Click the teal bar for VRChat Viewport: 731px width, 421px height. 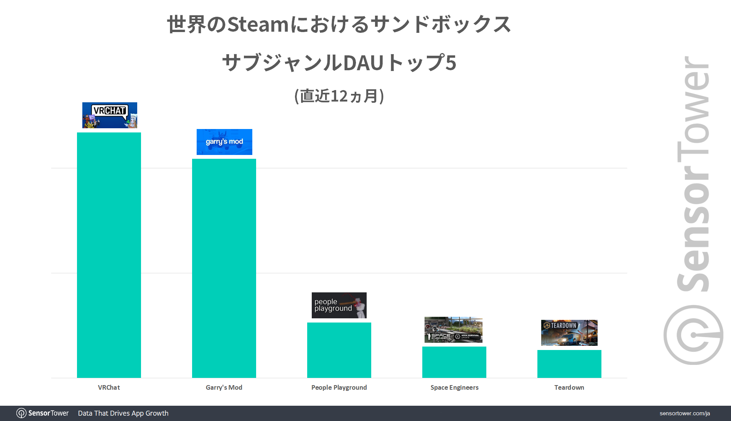pyautogui.click(x=109, y=255)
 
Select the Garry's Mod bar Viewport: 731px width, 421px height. pyautogui.click(x=224, y=268)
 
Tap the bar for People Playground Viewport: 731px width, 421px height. pyautogui.click(x=339, y=350)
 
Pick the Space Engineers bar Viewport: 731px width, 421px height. pyautogui.click(x=454, y=362)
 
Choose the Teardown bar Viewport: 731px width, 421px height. pyautogui.click(x=569, y=364)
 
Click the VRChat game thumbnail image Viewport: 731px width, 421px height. pyautogui.click(x=110, y=115)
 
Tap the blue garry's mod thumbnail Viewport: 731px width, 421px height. pyautogui.click(x=224, y=142)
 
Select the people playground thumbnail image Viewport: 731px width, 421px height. pyautogui.click(x=339, y=305)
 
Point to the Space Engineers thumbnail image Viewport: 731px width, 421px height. pyautogui.click(x=454, y=330)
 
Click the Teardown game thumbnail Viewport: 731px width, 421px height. pyautogui.click(x=569, y=333)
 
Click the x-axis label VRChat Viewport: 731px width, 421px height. pyautogui.click(x=109, y=387)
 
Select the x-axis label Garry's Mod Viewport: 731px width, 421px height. pyautogui.click(x=224, y=387)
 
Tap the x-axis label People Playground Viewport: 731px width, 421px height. pyautogui.click(x=339, y=387)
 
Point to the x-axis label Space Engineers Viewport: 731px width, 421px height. pyautogui.click(x=454, y=387)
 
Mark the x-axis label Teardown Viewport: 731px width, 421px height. pyautogui.click(x=569, y=387)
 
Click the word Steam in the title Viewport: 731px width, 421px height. pyautogui.click(x=258, y=24)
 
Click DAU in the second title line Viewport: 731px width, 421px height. pyautogui.click(x=364, y=63)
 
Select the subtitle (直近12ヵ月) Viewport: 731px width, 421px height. pyautogui.click(x=339, y=96)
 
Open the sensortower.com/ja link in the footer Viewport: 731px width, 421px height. pyautogui.click(x=685, y=413)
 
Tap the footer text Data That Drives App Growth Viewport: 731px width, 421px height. pyautogui.click(x=123, y=413)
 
